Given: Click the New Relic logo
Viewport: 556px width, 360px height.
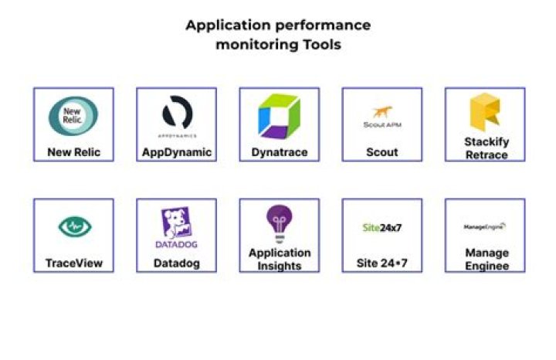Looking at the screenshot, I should point(73,116).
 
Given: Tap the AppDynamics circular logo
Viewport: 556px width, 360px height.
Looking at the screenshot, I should point(177,114).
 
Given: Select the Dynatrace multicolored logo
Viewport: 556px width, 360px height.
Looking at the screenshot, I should point(279,116).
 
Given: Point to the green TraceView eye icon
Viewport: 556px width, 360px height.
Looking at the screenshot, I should point(73,226).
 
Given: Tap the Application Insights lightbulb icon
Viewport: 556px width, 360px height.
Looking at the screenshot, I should point(279,222).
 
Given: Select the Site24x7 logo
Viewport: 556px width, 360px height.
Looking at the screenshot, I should point(381,228).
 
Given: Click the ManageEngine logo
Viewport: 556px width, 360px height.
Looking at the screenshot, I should point(485,227).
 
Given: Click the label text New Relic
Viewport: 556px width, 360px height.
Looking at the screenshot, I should point(73,152).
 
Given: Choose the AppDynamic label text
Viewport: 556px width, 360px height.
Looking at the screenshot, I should point(177,152).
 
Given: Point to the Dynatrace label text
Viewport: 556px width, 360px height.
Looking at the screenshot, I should point(279,152).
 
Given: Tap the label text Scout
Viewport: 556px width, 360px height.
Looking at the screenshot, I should point(381,152).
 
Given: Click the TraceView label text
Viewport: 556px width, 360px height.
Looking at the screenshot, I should point(73,263).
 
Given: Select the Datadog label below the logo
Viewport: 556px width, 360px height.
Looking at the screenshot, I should point(177,263).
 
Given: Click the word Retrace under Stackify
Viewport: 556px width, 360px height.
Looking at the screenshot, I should point(486,155).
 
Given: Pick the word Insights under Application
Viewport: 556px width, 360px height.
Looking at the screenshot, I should point(280,266).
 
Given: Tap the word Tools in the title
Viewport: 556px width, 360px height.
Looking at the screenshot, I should point(320,44).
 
